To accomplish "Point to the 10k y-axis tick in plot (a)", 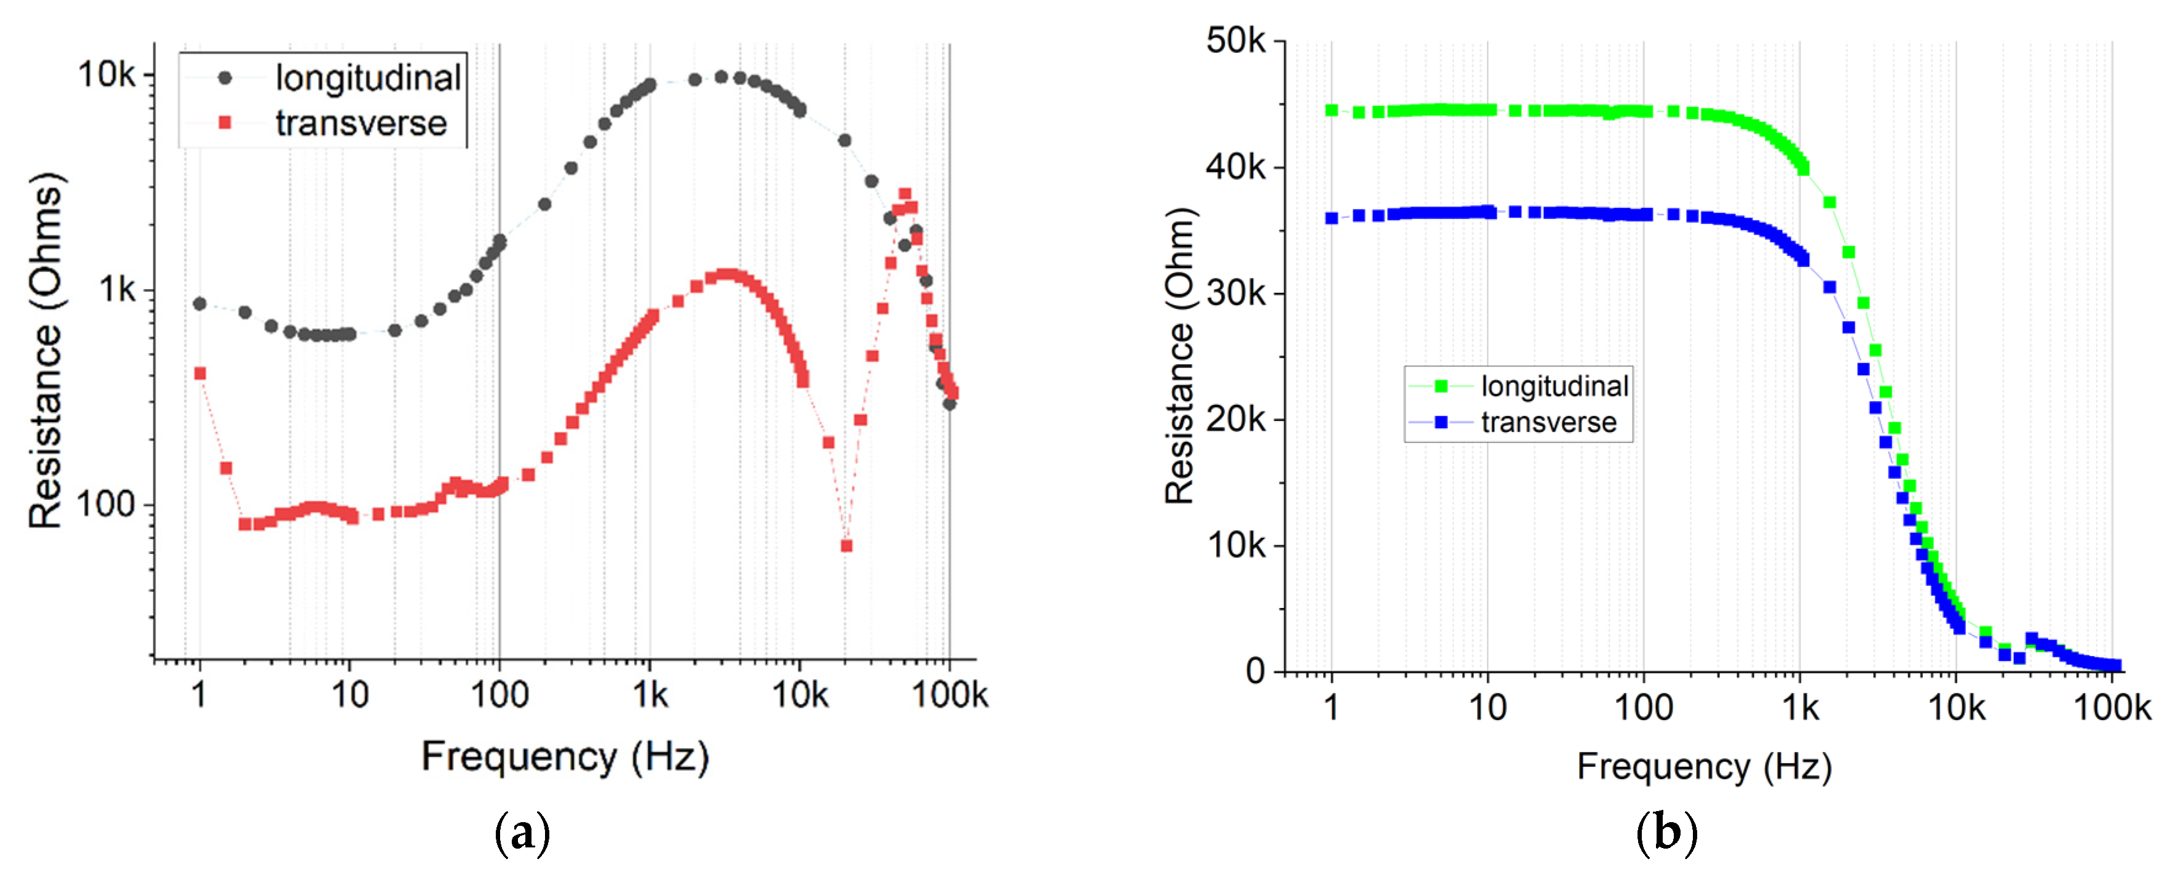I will click(x=106, y=75).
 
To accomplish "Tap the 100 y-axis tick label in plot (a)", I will click(x=105, y=505).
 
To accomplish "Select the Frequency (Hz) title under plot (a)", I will click(x=565, y=756).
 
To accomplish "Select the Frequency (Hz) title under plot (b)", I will click(x=1704, y=767).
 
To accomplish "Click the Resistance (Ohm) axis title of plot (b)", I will click(x=1179, y=355).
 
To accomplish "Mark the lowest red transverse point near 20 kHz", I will click(x=846, y=546).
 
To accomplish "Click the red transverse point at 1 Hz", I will click(x=201, y=374).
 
